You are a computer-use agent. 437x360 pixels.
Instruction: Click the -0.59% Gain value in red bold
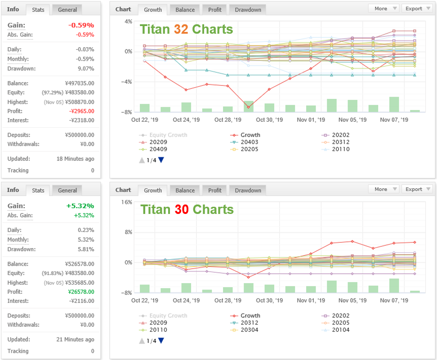coord(81,25)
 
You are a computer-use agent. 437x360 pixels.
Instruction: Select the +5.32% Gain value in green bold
coord(80,206)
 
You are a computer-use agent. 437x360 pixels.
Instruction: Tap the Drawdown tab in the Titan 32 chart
coord(248,10)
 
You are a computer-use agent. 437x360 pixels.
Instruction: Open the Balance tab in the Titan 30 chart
coord(185,190)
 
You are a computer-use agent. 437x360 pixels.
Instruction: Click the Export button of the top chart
coord(417,9)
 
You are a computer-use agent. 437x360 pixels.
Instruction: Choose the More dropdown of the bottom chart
coord(384,189)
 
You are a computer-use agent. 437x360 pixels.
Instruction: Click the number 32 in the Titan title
coord(181,29)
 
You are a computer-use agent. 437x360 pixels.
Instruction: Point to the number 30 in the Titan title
coord(182,209)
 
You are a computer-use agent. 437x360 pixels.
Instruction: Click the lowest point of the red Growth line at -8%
coord(248,107)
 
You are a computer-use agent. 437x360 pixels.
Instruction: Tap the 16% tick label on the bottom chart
coord(126,202)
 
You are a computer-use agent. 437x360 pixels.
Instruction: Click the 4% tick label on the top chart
coord(128,22)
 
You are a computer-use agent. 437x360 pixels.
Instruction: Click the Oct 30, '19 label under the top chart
coord(269,120)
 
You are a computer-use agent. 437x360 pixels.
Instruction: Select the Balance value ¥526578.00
coord(80,264)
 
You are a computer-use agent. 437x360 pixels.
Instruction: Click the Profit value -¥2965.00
coord(82,111)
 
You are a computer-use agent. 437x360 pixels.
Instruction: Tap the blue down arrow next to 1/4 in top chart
coord(161,160)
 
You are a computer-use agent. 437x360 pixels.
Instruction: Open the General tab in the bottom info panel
coord(67,190)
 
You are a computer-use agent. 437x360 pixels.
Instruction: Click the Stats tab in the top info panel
coord(38,10)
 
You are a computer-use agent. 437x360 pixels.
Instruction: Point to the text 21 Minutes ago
coord(75,339)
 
